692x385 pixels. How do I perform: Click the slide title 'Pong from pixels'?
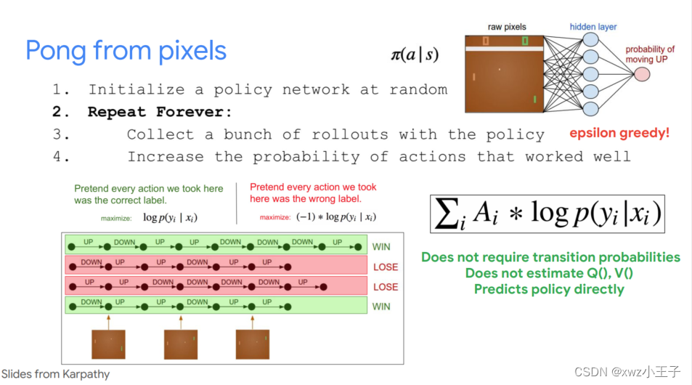(126, 51)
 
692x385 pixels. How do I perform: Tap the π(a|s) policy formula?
(415, 54)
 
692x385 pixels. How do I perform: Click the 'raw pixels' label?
(507, 27)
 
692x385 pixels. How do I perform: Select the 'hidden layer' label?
(593, 27)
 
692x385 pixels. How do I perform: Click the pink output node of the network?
(642, 74)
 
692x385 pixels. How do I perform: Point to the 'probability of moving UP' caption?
(650, 54)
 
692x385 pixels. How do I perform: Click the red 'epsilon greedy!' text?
(619, 133)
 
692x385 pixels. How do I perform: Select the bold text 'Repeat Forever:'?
(160, 112)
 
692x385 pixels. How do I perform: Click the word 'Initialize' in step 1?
(137, 89)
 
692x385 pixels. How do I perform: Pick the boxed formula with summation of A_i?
(548, 214)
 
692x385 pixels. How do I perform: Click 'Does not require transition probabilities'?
(550, 257)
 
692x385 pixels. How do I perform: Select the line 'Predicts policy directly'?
(549, 289)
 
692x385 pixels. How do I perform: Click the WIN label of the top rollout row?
(381, 247)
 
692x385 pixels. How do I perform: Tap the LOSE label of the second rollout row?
(386, 267)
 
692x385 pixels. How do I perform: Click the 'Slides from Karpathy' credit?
(56, 374)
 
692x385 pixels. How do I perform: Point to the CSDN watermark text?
(627, 372)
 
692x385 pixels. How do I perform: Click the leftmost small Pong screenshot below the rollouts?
(109, 344)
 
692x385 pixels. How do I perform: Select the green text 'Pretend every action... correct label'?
(149, 194)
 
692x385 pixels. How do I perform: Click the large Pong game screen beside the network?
(504, 74)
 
